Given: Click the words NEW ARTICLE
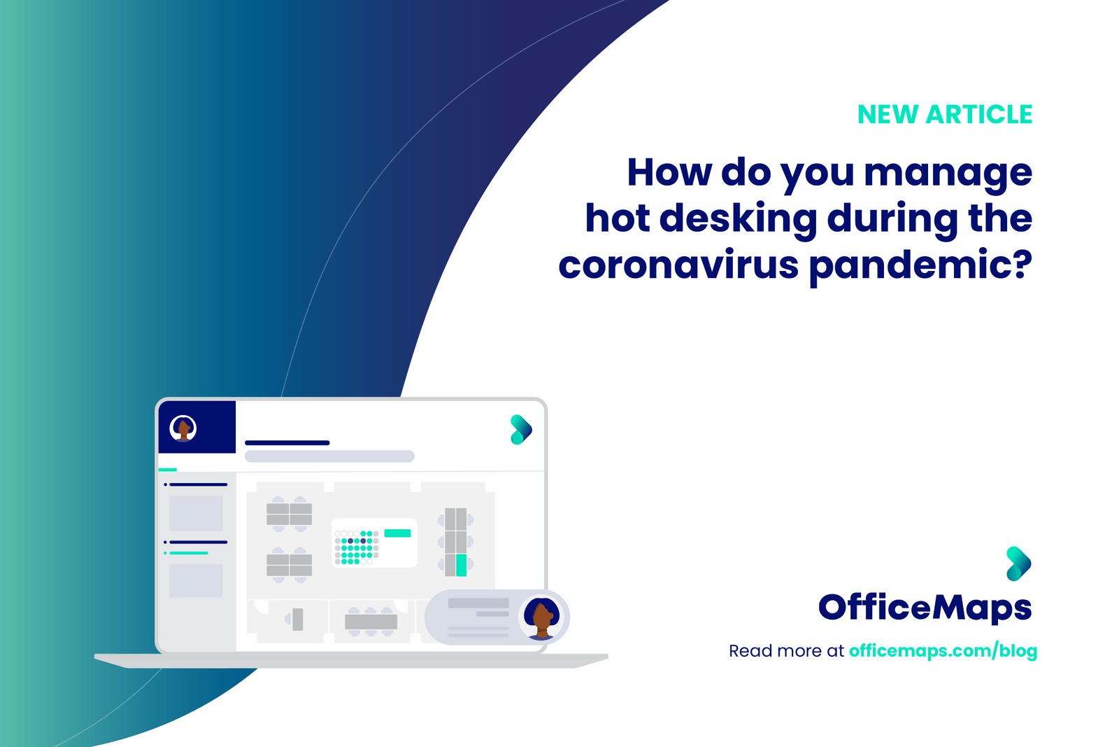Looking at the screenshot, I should click(944, 115).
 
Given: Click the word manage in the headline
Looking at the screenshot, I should click(948, 173).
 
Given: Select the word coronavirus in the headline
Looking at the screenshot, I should click(678, 265).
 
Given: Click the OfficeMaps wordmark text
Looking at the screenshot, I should click(925, 608).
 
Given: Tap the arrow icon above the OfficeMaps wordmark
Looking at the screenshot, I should click(1018, 564).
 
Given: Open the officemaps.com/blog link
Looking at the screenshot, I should click(943, 651).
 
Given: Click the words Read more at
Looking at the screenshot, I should click(786, 651).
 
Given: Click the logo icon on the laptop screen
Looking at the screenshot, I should click(521, 430).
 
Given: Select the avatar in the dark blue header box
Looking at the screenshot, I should click(183, 428).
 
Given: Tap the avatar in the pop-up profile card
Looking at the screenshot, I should click(542, 618).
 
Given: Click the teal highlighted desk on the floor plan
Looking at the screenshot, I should click(461, 564).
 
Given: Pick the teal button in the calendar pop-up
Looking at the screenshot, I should click(397, 533).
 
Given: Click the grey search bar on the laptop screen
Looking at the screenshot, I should click(329, 456).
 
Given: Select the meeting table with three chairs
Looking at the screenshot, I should click(371, 621).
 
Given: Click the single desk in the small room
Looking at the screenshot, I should click(297, 620).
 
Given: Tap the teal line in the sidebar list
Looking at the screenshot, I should click(189, 553).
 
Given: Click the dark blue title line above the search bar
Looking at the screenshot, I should click(287, 442).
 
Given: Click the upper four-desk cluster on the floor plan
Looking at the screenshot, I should click(289, 514).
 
